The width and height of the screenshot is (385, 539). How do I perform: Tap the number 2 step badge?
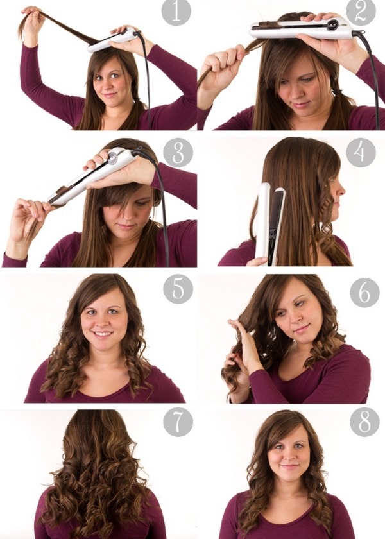[361, 13]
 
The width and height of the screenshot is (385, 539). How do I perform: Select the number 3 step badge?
[177, 153]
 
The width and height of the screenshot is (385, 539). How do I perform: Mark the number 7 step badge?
[178, 423]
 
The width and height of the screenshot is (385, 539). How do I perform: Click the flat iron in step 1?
[112, 40]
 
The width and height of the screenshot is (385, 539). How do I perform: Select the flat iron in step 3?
[90, 176]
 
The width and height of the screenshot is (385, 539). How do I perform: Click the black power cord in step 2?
[370, 71]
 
